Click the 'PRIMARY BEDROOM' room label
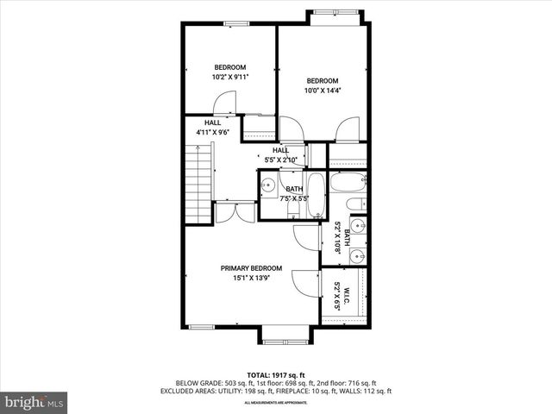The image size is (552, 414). coord(251,268)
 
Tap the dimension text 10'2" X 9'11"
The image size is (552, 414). coord(229,78)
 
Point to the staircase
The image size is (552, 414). coord(198,182)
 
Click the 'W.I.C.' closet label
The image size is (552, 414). coord(337,296)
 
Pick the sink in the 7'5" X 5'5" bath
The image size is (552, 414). coord(269,184)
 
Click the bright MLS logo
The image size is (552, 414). coord(34,402)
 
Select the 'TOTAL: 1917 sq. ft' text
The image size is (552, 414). coord(275,374)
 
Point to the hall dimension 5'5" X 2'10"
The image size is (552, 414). coord(280,160)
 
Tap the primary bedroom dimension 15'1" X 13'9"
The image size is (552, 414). coord(251,279)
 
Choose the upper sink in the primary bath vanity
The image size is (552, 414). coord(358,227)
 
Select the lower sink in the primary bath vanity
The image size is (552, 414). coord(358,255)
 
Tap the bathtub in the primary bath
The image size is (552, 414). coord(349,183)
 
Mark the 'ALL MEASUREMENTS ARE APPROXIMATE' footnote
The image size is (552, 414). coord(275,403)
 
